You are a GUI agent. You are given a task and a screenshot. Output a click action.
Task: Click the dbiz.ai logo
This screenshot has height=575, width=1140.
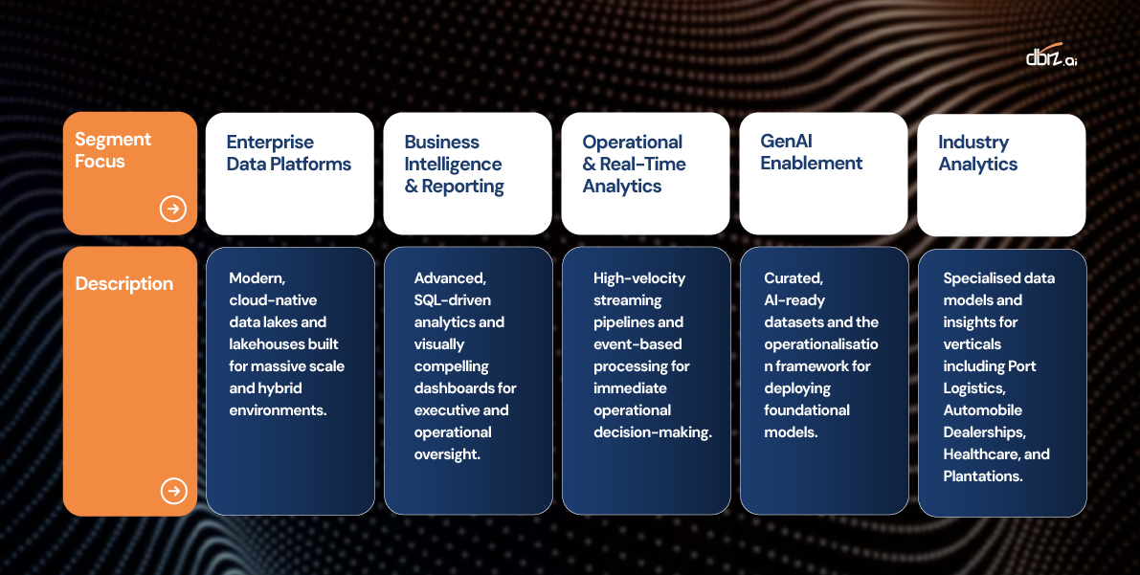point(1051,56)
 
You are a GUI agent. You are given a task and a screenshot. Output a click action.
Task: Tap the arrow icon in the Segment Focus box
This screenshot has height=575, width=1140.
point(173,210)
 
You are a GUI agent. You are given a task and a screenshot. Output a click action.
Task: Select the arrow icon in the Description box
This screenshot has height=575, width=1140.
point(174,491)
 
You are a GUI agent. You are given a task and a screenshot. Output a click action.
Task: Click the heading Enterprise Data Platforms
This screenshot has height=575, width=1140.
point(289,153)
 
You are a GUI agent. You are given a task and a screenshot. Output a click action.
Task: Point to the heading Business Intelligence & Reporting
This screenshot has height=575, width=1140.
point(454,165)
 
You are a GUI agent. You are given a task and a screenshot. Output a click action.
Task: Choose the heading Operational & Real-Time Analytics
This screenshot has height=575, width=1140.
point(634,165)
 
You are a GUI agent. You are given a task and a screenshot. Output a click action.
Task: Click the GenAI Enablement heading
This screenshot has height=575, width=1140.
point(812,152)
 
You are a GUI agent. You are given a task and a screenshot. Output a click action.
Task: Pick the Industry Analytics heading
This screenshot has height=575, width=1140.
point(977,153)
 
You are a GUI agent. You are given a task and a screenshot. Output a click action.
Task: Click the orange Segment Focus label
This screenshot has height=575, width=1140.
point(113,150)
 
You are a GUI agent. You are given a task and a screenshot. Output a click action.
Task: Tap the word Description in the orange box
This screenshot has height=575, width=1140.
point(124,283)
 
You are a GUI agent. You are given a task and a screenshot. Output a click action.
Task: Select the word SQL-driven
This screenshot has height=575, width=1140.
point(452,300)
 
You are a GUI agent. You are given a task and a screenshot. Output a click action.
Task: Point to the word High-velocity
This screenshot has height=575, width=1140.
point(639,278)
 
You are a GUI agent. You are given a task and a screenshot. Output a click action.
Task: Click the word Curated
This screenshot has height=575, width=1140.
point(794,278)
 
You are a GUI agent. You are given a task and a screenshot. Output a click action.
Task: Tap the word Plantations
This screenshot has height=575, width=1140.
point(983,476)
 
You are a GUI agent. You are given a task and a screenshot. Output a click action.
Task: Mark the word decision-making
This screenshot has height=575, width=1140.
point(652,432)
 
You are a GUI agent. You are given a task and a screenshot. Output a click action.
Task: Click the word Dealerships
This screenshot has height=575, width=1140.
point(984,432)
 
